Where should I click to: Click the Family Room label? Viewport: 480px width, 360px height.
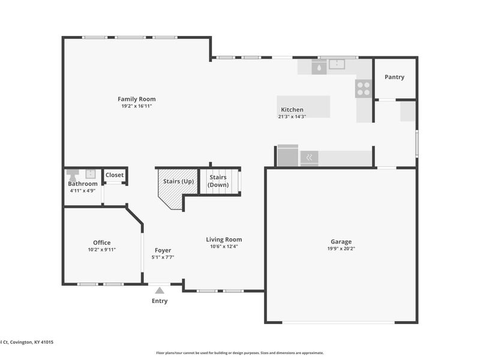pyautogui.click(x=137, y=99)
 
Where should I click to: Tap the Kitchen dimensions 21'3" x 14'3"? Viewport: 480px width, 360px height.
pyautogui.click(x=292, y=116)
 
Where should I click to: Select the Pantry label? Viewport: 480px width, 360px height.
pyautogui.click(x=394, y=77)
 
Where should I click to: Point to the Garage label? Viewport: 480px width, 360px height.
pyautogui.click(x=341, y=242)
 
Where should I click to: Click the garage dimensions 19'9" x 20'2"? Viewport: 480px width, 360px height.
pyautogui.click(x=341, y=248)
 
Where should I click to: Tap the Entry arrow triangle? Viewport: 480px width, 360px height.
pyautogui.click(x=160, y=290)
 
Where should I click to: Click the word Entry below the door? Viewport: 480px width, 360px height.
pyautogui.click(x=160, y=301)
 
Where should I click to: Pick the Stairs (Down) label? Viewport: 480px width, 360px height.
pyautogui.click(x=218, y=181)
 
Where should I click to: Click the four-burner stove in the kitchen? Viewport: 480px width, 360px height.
pyautogui.click(x=364, y=88)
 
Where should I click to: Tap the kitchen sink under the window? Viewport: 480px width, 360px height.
pyautogui.click(x=337, y=64)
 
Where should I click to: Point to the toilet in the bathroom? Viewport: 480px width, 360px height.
pyautogui.click(x=73, y=175)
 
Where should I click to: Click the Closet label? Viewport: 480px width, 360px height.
pyautogui.click(x=115, y=175)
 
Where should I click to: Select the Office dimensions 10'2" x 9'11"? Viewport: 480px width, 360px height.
pyautogui.click(x=102, y=250)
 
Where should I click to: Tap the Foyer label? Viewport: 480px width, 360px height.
pyautogui.click(x=163, y=250)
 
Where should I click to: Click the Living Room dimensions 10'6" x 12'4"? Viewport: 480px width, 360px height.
pyautogui.click(x=224, y=247)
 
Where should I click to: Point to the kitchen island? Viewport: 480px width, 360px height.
pyautogui.click(x=304, y=107)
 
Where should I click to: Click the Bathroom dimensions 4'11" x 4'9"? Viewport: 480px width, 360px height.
pyautogui.click(x=83, y=190)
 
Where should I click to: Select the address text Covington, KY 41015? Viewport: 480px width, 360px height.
pyautogui.click(x=32, y=342)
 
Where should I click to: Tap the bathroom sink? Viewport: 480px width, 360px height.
pyautogui.click(x=91, y=174)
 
